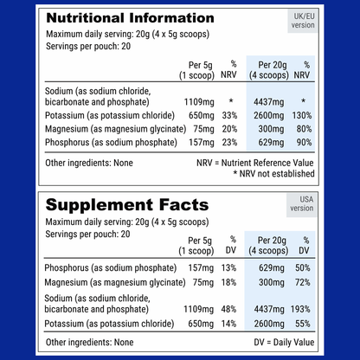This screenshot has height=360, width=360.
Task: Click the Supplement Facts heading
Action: click(x=126, y=205)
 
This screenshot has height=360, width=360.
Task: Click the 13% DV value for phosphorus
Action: click(x=229, y=267)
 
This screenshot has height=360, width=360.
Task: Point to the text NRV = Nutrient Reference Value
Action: click(x=275, y=162)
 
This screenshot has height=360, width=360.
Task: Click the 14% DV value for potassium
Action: click(x=229, y=323)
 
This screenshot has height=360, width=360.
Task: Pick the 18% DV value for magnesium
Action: click(x=229, y=281)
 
